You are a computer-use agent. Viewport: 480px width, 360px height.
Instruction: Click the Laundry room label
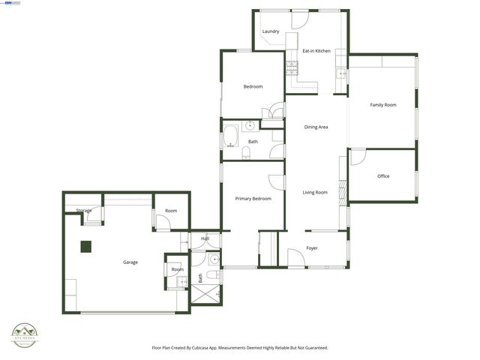[271, 31]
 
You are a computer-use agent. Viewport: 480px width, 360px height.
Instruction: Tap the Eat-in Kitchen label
[316, 51]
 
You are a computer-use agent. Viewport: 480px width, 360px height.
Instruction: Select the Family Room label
[383, 105]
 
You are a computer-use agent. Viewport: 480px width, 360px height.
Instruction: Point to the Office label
[383, 176]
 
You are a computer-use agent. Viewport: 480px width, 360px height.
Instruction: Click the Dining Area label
[316, 127]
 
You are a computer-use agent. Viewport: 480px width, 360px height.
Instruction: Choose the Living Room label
[315, 193]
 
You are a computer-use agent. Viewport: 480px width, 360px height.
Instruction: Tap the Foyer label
[312, 248]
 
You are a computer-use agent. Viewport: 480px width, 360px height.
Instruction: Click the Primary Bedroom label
[253, 199]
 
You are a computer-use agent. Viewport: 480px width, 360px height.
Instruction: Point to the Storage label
[83, 211]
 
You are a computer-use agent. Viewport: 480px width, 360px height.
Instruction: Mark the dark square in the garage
[86, 245]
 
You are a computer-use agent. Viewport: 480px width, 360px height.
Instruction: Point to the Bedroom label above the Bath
[253, 87]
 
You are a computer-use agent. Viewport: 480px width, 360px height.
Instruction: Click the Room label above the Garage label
[171, 211]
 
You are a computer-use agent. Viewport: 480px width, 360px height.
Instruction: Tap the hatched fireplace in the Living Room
[343, 191]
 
